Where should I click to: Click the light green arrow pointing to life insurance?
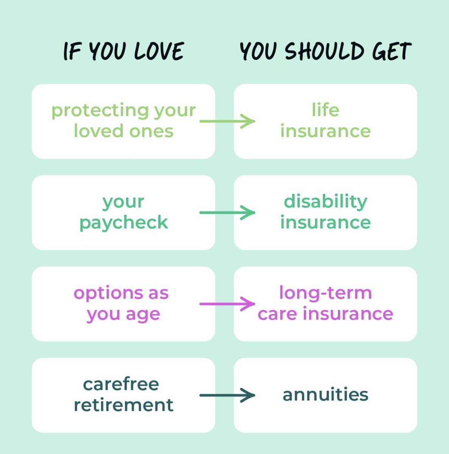coord(227,121)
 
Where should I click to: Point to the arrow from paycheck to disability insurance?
coord(227,213)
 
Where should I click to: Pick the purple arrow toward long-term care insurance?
coord(227,304)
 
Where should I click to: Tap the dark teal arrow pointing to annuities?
coord(227,395)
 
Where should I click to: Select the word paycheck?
coord(123,222)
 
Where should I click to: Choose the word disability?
coord(325,202)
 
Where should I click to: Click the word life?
coord(325,110)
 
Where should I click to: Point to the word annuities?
coord(325,395)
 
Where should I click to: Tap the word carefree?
coord(121,384)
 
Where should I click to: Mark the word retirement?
coord(123,405)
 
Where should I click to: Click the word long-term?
coord(325,293)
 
